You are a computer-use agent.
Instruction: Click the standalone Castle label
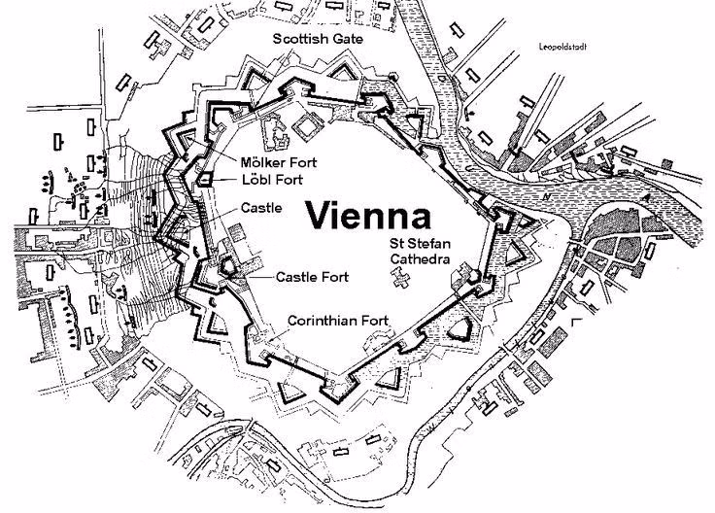point(262,208)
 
